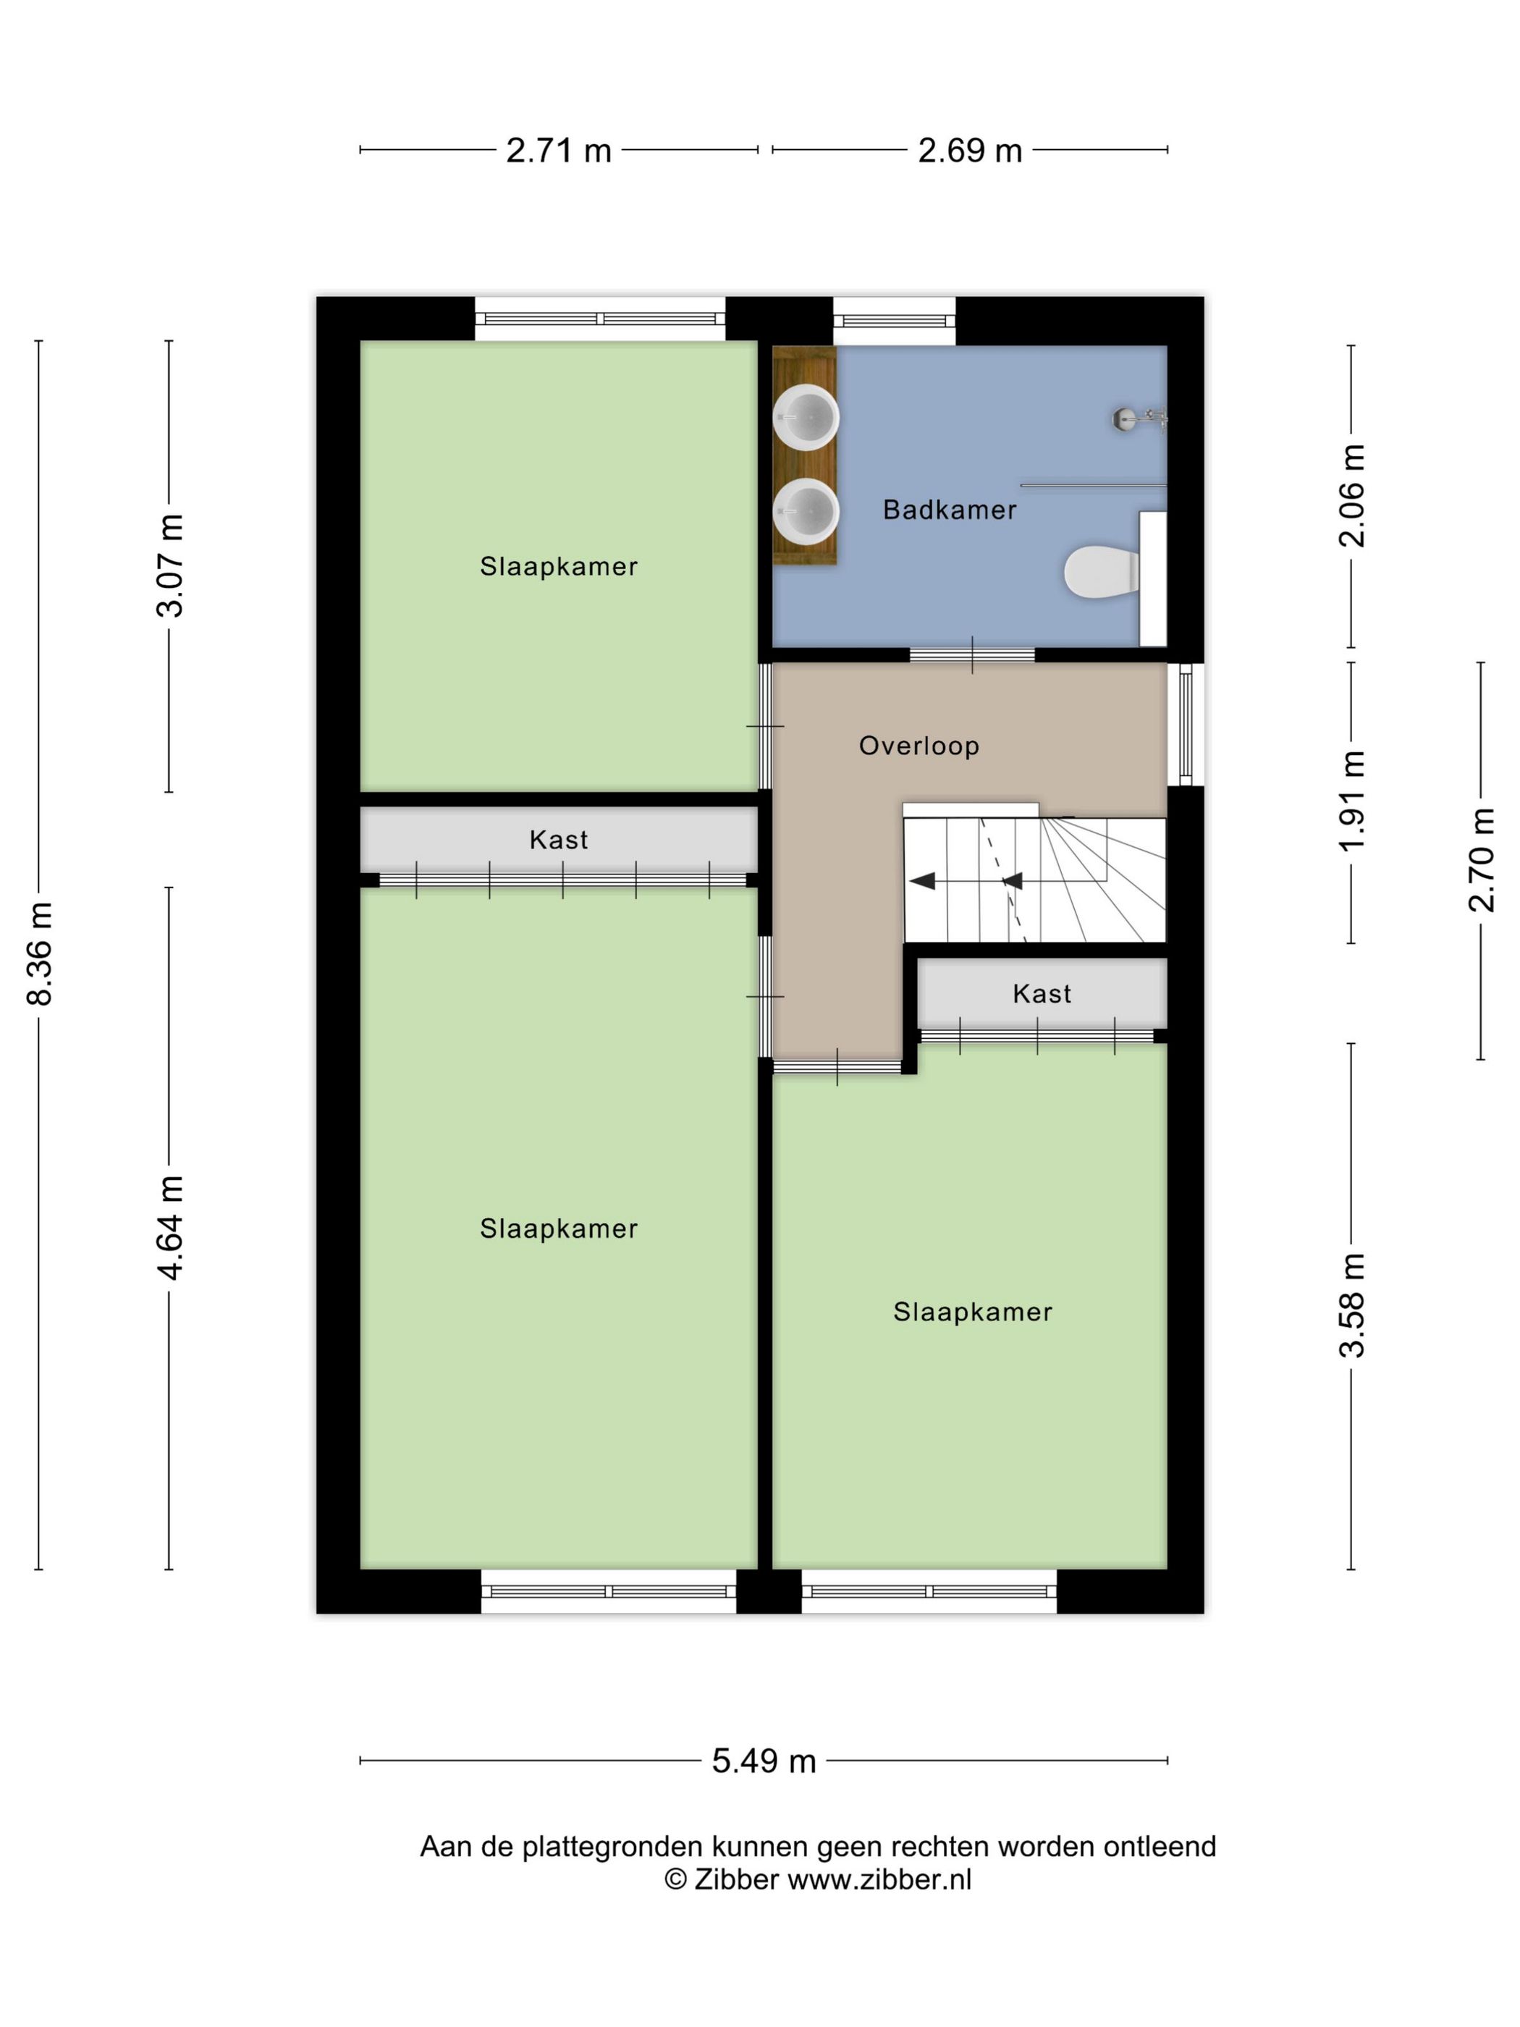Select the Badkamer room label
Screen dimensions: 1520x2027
pyautogui.click(x=949, y=510)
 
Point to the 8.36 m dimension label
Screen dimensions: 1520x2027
pyautogui.click(x=41, y=953)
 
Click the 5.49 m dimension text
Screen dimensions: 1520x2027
pyautogui.click(x=764, y=1761)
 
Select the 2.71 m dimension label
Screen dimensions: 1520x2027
pyautogui.click(x=559, y=151)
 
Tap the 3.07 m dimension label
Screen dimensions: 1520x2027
pyautogui.click(x=170, y=565)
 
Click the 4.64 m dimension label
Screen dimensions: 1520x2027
pyautogui.click(x=170, y=1227)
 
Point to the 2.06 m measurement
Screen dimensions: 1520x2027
pyautogui.click(x=1351, y=496)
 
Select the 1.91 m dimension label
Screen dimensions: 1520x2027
pyautogui.click(x=1351, y=801)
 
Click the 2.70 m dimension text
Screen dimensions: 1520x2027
pyautogui.click(x=1482, y=861)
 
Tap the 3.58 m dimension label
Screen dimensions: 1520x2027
pyautogui.click(x=1351, y=1305)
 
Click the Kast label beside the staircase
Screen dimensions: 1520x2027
pyautogui.click(x=1042, y=993)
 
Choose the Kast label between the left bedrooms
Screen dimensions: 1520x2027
pyautogui.click(x=559, y=839)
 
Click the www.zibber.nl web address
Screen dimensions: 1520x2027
pyautogui.click(x=879, y=1879)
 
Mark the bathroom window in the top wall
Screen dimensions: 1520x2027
pyautogui.click(x=894, y=321)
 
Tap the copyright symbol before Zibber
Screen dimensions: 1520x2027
pyautogui.click(x=675, y=1879)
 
